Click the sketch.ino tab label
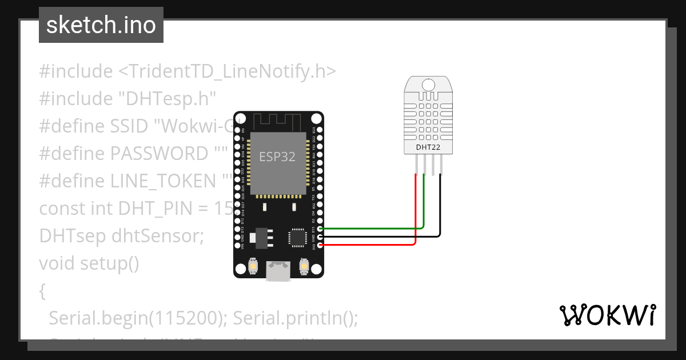[101, 25]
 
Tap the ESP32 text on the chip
[277, 157]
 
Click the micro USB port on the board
[278, 271]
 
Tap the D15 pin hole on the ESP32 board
[320, 229]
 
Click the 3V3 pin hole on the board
[320, 245]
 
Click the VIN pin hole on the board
[237, 245]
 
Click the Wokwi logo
[607, 315]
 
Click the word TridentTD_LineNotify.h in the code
[227, 71]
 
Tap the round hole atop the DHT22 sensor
[428, 85]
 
